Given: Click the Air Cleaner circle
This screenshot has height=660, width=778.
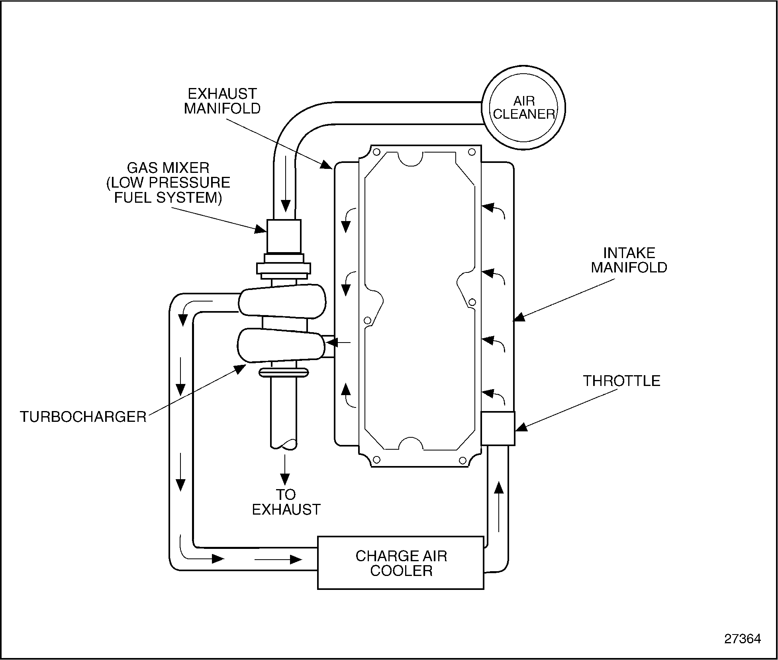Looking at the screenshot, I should pyautogui.click(x=523, y=109).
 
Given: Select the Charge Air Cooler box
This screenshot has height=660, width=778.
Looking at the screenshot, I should pyautogui.click(x=400, y=563).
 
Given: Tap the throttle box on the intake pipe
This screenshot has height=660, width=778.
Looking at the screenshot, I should pyautogui.click(x=498, y=428).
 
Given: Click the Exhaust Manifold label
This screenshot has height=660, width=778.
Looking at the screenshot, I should pyautogui.click(x=222, y=101).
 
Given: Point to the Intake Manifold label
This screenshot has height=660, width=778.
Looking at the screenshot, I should pyautogui.click(x=629, y=260).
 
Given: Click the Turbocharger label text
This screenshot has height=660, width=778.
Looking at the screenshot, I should pyautogui.click(x=83, y=417).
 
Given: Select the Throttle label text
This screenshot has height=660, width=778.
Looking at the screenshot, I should pyautogui.click(x=621, y=381).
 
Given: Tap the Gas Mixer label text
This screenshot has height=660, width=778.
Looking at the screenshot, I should pyautogui.click(x=168, y=182).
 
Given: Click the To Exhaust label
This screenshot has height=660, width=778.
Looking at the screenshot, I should pyautogui.click(x=286, y=502).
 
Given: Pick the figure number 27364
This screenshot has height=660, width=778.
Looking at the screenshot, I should pyautogui.click(x=742, y=638).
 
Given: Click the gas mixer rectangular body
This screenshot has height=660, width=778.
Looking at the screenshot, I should pyautogui.click(x=284, y=236).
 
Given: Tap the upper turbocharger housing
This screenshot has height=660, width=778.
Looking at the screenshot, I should pyautogui.click(x=282, y=301).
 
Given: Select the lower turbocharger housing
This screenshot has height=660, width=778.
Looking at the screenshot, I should pyautogui.click(x=281, y=345).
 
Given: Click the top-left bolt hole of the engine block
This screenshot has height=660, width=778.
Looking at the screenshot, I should pyautogui.click(x=376, y=152).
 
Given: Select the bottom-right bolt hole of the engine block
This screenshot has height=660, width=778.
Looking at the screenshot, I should pyautogui.click(x=462, y=460).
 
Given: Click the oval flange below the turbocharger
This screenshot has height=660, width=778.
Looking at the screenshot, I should pyautogui.click(x=284, y=372).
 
